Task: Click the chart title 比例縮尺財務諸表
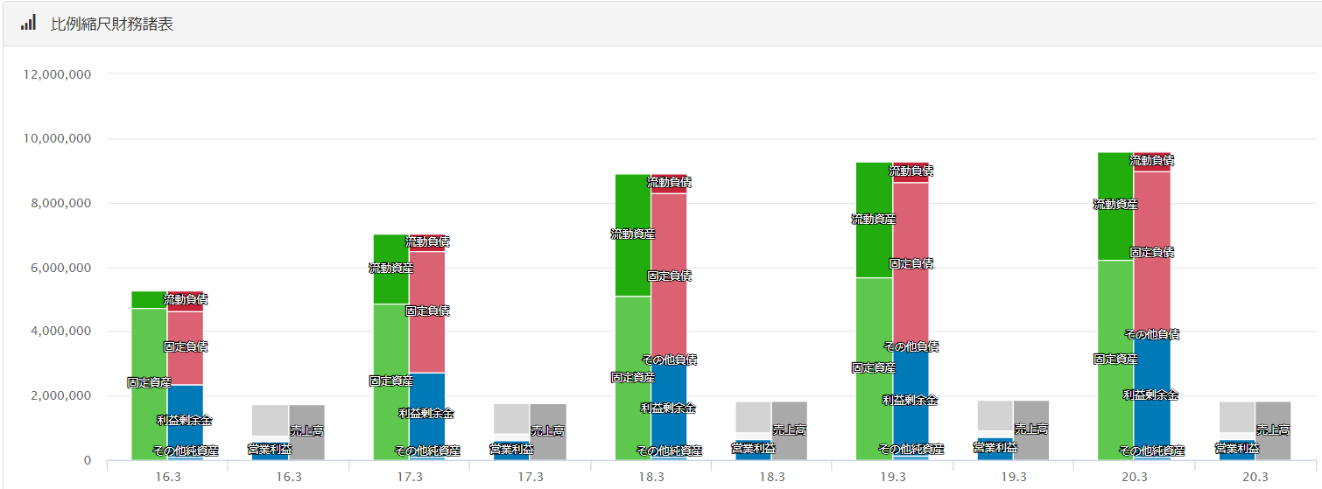112,24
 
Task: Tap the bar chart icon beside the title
28,23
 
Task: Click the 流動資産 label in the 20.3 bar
1115,204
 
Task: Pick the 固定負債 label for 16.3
186,346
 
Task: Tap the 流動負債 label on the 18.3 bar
670,182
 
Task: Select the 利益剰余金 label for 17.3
426,413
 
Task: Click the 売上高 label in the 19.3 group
1031,429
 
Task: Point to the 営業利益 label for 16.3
270,449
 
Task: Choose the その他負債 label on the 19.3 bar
911,346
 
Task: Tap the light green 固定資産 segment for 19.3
874,411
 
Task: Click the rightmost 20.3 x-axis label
1255,477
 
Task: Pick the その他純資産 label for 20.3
1152,451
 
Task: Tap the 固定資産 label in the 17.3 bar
391,381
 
